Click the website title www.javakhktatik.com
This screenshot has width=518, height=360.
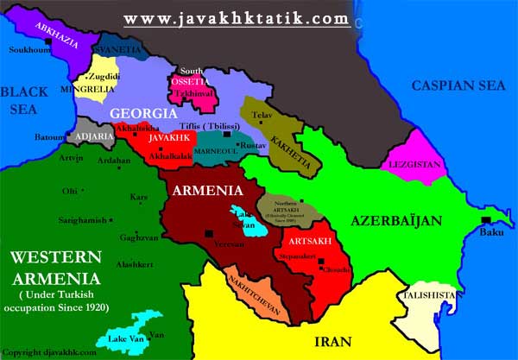click(x=237, y=18)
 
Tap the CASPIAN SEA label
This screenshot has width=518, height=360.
click(x=455, y=85)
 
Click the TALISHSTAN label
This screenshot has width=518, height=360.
click(x=428, y=295)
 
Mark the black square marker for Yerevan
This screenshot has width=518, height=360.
click(x=207, y=233)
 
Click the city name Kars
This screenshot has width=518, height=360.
click(x=138, y=197)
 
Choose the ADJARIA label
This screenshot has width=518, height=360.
click(x=94, y=135)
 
